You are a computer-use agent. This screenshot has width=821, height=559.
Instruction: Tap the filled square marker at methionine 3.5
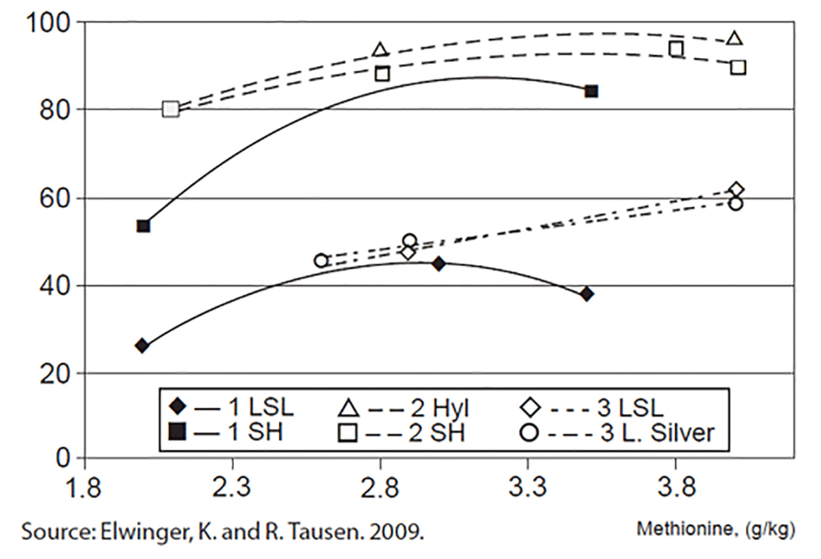coord(591,92)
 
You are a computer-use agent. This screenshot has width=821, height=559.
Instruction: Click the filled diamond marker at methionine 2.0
coord(142,346)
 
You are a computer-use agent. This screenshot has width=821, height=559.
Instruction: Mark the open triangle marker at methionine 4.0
coord(735,38)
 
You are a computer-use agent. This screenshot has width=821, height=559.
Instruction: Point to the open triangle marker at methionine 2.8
coord(380,50)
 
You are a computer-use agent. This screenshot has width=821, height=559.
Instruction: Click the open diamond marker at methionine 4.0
coord(736,190)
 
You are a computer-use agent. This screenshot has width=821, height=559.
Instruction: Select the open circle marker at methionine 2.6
coord(321,260)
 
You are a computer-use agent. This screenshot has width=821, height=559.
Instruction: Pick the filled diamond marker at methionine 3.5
coord(587,294)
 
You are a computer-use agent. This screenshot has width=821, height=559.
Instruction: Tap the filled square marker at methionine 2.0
coord(143,226)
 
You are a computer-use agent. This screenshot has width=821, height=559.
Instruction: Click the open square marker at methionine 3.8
coord(676,49)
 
